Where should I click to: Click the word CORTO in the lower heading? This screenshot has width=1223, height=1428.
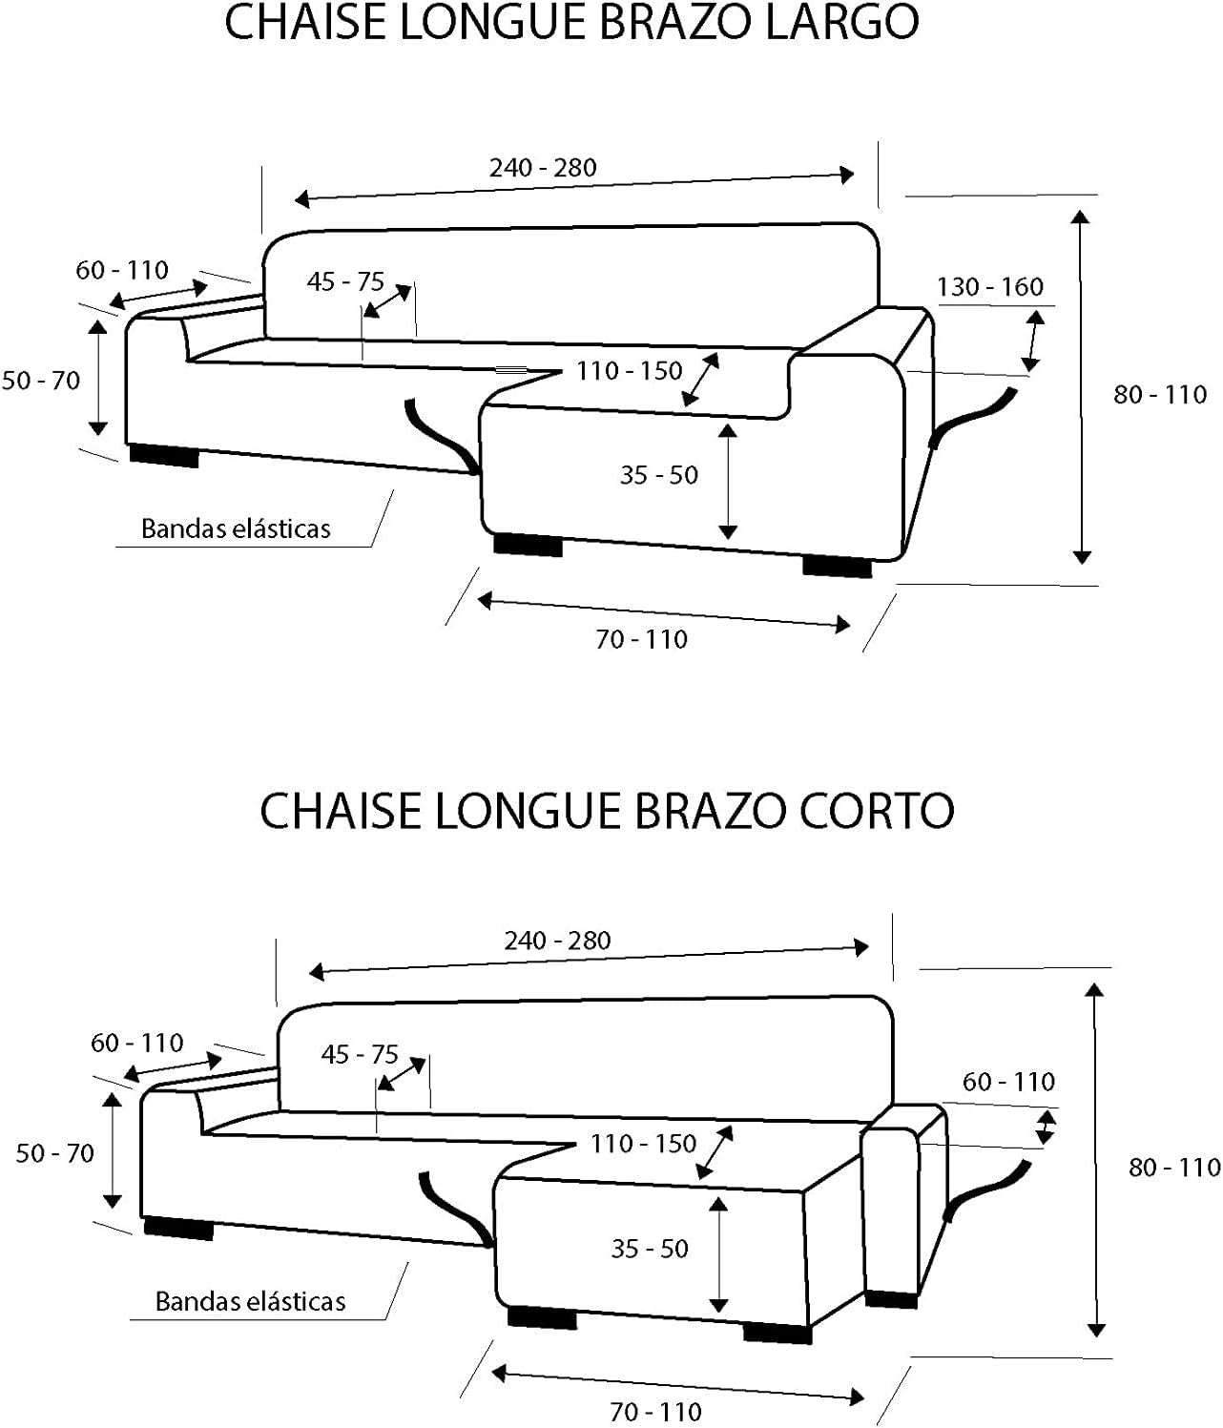point(877,811)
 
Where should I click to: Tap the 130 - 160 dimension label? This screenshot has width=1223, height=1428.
point(989,287)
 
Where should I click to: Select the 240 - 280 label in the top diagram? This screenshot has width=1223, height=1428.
point(543,168)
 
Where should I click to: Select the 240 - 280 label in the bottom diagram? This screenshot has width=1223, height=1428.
point(558,941)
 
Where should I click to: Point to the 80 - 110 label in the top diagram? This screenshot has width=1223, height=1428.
point(1160,395)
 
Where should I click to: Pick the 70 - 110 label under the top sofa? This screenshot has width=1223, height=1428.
point(642,640)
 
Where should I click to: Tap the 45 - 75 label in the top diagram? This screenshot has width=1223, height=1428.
point(345,281)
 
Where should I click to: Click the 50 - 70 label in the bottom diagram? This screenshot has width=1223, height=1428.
point(55,1153)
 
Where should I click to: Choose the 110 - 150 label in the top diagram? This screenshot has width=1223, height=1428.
point(630,371)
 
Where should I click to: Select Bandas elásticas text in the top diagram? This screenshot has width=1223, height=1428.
point(237,529)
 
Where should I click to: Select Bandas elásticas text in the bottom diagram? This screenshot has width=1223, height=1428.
point(250,1301)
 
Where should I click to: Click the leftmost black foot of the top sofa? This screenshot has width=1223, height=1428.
point(164,456)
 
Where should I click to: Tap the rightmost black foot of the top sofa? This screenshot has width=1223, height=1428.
point(838,567)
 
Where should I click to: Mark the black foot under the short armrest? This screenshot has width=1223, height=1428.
point(891,1299)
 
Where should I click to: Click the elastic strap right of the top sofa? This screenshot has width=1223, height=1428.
point(973,417)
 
